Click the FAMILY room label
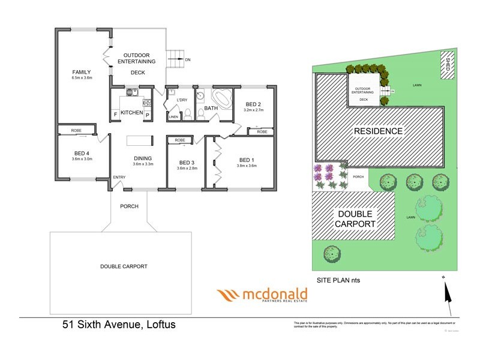pyautogui.click(x=82, y=71)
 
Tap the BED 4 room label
pyautogui.click(x=80, y=152)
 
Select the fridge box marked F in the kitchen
pyautogui.click(x=115, y=114)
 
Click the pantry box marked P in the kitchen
pyautogui.click(x=147, y=114)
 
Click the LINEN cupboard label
pyautogui.click(x=173, y=116)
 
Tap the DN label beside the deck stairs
pyautogui.click(x=188, y=60)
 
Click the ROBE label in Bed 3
pyautogui.click(x=179, y=140)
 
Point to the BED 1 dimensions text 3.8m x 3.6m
pyautogui.click(x=247, y=166)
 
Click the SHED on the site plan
pyautogui.click(x=448, y=64)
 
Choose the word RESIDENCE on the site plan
pyautogui.click(x=378, y=131)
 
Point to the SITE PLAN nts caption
pyautogui.click(x=338, y=280)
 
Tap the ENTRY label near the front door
pyautogui.click(x=119, y=177)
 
